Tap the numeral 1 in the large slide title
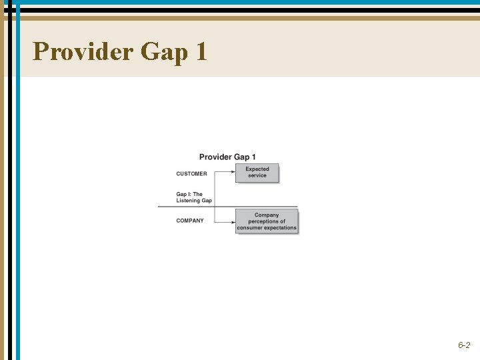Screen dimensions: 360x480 coord(201,51)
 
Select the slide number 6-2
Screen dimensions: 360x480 coord(464,345)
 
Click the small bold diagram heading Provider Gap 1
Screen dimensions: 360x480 coord(227,157)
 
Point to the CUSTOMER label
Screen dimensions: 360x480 coord(191,174)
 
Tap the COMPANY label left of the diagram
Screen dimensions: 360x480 coord(190,221)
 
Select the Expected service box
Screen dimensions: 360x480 coord(257,173)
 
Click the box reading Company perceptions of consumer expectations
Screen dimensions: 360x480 coord(267,221)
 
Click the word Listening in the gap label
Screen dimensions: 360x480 coord(188,201)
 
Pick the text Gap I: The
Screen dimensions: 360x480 coord(189,195)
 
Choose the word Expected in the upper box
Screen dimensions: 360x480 coord(257,169)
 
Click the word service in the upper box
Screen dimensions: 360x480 coord(257,176)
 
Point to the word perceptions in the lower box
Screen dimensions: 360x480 coord(267,221)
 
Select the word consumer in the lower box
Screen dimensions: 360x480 coord(250,228)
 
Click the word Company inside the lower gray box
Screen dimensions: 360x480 coord(267,215)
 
